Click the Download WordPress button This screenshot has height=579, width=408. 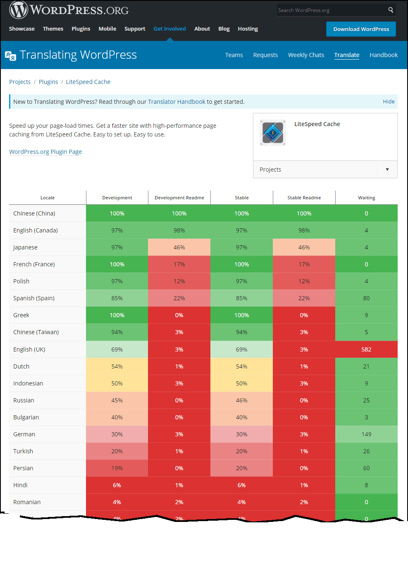pos(361,29)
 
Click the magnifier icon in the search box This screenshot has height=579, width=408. pos(390,10)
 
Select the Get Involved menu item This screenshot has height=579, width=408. pos(169,29)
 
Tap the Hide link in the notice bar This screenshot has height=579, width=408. pos(389,101)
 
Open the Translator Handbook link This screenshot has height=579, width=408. pos(177,102)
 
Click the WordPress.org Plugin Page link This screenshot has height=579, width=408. pos(45,152)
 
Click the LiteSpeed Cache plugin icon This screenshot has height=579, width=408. pos(273,133)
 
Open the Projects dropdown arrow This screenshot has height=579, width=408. pos(387,170)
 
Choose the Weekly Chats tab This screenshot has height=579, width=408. pos(306,55)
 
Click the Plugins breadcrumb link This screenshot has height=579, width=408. pos(48,82)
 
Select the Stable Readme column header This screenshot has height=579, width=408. pos(304,198)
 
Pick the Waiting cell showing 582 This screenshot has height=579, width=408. pos(366,349)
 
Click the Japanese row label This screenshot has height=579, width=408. pos(25,247)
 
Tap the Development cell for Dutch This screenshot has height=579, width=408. pos(117,366)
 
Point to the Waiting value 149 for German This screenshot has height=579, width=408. pos(366,434)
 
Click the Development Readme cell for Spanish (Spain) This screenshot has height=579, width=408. pos(179,298)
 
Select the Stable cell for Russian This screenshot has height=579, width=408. pos(241,400)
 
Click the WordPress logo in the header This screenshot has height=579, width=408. pos(19,10)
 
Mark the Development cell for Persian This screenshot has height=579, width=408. pos(117,468)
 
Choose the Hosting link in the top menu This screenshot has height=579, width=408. pos(248,29)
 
